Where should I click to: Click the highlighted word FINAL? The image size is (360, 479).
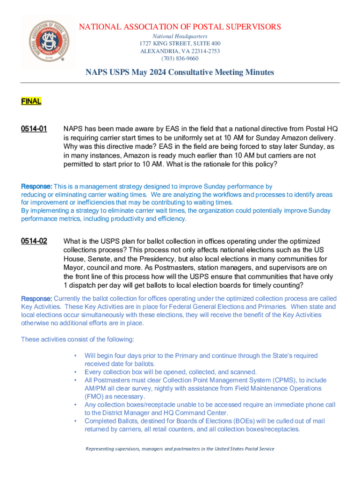coord(31,101)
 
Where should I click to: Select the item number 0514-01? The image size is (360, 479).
coord(34,129)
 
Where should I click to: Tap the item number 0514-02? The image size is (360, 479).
coord(34,241)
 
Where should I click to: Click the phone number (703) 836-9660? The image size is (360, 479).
coord(180,58)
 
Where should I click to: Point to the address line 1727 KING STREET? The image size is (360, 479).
coord(180,44)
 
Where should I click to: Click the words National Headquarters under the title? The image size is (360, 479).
coord(180,36)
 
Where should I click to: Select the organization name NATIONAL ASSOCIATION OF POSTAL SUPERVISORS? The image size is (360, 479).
coord(180,27)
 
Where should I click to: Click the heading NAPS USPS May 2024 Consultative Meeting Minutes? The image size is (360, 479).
coord(180,73)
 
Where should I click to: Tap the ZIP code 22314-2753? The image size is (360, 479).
coord(203,51)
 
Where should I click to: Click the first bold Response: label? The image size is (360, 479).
coord(37,187)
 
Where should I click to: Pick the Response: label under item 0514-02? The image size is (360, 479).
coord(37,299)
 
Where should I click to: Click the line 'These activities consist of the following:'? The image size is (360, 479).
coord(78,339)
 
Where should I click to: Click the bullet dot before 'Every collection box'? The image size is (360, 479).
coord(75,372)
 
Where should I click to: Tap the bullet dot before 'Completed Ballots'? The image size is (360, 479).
coord(75,421)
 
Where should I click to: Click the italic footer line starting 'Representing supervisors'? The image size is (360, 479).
coord(180,449)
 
